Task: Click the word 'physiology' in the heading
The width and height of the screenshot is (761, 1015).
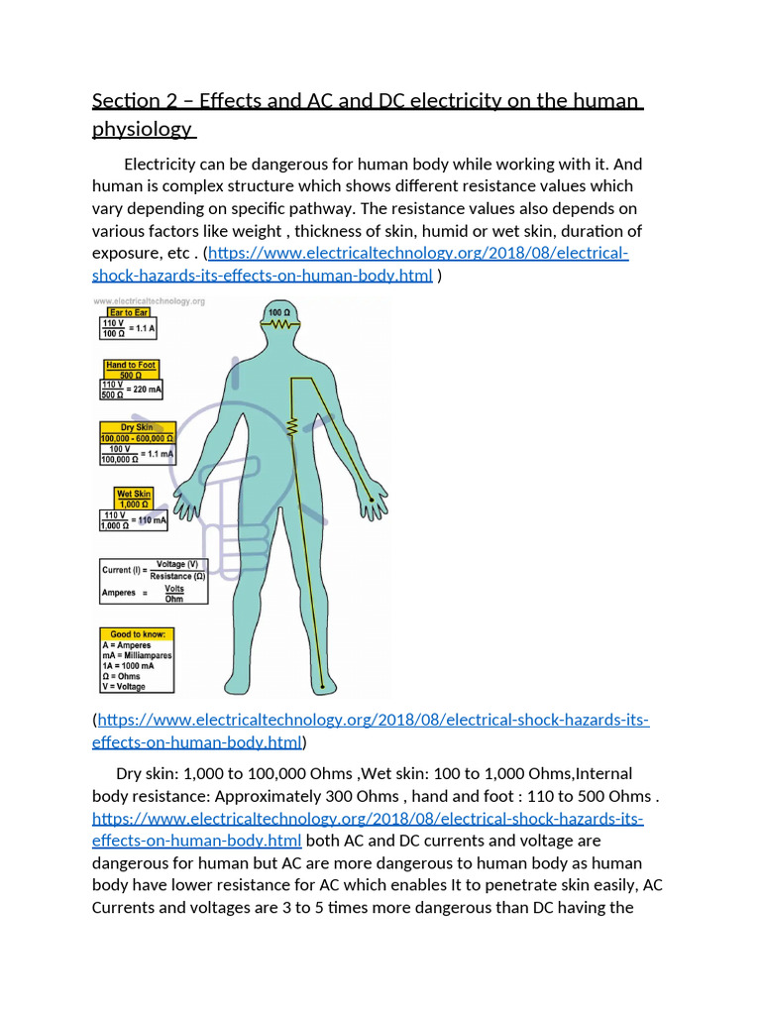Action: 141,130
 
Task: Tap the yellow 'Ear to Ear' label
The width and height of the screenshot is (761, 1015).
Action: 129,312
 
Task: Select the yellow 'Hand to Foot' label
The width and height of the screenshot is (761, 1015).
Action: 132,365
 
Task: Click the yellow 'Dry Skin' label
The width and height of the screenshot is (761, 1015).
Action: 137,427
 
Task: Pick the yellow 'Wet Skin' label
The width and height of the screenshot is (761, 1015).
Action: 134,494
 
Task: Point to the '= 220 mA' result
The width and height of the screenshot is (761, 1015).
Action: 145,390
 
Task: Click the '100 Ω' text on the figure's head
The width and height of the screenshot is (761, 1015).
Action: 280,312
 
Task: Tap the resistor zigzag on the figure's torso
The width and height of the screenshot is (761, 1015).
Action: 292,427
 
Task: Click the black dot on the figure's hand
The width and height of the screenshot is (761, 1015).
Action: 372,499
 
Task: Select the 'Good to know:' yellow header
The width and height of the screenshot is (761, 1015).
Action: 137,633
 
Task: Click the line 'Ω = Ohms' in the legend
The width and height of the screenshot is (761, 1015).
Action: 125,676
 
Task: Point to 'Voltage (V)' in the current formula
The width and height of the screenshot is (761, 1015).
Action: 177,564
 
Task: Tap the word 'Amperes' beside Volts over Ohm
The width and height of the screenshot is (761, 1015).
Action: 118,593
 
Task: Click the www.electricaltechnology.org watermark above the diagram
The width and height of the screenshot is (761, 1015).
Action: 149,301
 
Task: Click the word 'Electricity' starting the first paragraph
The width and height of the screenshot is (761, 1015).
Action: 164,164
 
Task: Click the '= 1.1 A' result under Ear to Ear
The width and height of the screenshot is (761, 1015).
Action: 146,328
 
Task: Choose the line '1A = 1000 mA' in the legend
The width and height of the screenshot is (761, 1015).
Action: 130,666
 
